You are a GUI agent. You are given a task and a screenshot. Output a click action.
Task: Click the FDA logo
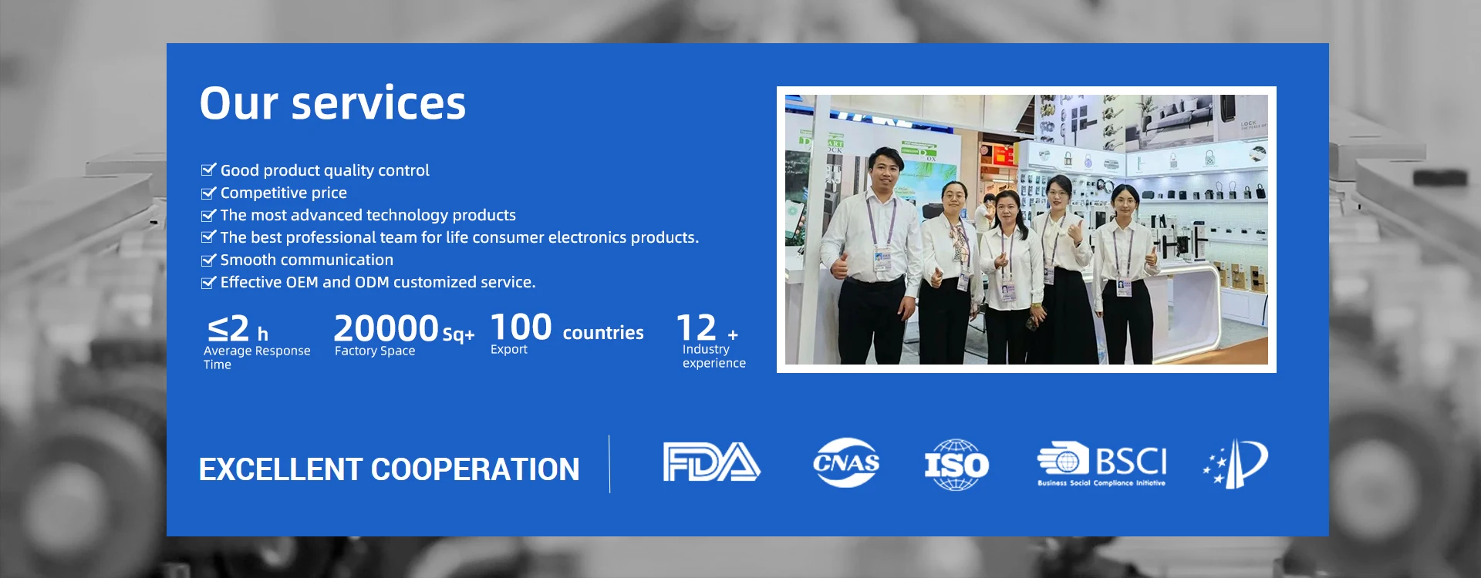[711, 462]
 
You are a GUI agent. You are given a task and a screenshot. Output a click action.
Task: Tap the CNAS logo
[846, 462]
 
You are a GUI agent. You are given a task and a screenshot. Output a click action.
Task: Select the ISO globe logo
[956, 465]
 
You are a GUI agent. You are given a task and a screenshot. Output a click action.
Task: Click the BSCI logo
[1101, 464]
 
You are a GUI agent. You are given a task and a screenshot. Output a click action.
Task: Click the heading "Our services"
[332, 103]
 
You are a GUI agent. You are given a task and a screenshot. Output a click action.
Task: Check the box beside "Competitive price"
[208, 193]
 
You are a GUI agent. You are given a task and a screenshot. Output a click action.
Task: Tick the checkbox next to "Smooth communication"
[208, 260]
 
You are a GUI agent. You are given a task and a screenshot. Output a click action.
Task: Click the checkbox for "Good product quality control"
[208, 170]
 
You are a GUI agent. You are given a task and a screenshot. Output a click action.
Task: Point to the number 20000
[386, 328]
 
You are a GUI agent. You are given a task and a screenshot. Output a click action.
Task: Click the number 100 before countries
[521, 328]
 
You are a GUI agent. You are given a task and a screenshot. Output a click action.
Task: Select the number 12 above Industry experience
[697, 328]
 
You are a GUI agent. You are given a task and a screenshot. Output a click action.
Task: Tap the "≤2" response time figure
[228, 329]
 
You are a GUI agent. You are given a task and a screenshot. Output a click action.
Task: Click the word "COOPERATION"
[475, 469]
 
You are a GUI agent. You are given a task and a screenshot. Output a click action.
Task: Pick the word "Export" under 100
[509, 349]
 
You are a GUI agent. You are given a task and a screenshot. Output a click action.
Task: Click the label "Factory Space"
[375, 351]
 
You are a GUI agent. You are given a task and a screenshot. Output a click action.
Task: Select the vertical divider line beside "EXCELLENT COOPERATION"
[609, 464]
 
